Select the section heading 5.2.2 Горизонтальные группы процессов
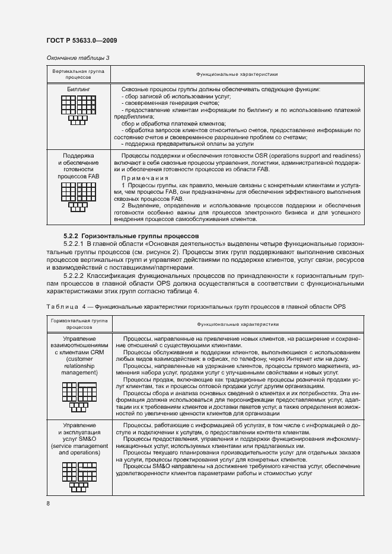[131, 236]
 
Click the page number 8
[47, 504]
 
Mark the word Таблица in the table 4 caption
[61, 306]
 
